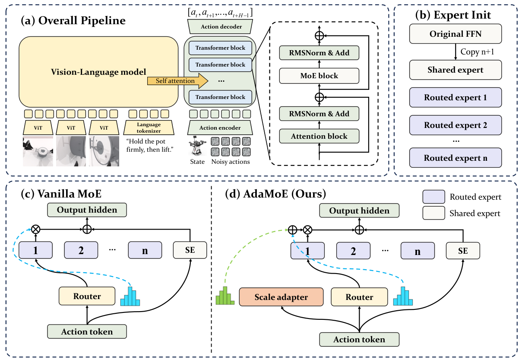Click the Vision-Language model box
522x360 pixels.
[x=98, y=72]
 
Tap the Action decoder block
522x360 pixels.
[x=220, y=27]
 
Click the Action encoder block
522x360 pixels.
[x=220, y=128]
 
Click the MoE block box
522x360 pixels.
[x=319, y=76]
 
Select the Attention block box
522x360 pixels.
[x=319, y=136]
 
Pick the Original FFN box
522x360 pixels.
[x=456, y=34]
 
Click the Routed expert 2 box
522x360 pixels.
[x=456, y=125]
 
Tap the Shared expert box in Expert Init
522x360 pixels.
[x=456, y=70]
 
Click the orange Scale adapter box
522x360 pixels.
[x=281, y=297]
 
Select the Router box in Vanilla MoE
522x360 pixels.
[x=87, y=296]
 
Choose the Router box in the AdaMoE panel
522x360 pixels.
[x=359, y=297]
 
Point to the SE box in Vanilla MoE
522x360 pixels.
[x=190, y=250]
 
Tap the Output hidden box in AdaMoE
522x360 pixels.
[x=359, y=210]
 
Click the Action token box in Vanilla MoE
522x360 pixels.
[x=87, y=331]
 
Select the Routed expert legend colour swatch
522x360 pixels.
[x=433, y=197]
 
